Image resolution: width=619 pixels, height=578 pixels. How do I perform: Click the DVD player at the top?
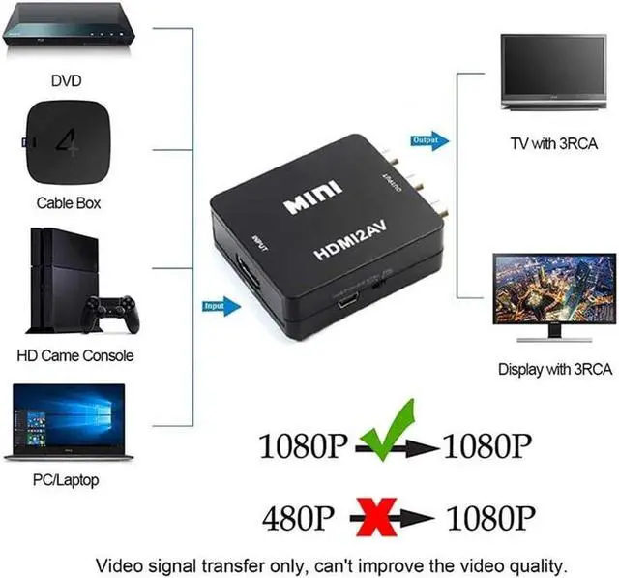click(67, 35)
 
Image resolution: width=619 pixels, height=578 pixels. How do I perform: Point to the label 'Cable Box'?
click(68, 203)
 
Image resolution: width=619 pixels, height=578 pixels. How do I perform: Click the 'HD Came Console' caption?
click(75, 355)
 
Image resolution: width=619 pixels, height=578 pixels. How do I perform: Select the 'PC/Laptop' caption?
click(66, 479)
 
